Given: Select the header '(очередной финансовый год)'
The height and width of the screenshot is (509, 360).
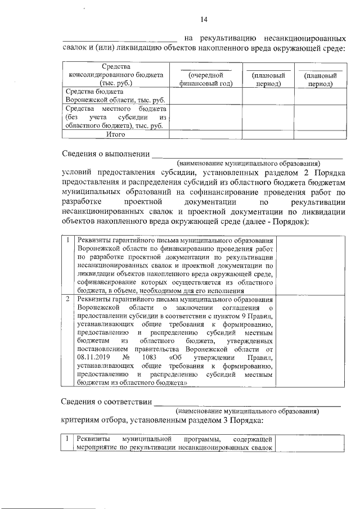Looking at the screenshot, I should click(206, 79).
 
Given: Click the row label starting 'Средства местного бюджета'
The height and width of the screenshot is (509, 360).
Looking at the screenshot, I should click(116, 117).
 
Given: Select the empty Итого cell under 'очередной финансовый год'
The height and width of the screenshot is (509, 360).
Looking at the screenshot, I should click(206, 134).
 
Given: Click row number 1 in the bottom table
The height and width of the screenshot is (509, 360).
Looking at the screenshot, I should click(67, 438).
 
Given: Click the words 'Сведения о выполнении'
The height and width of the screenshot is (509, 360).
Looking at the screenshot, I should click(105, 154).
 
